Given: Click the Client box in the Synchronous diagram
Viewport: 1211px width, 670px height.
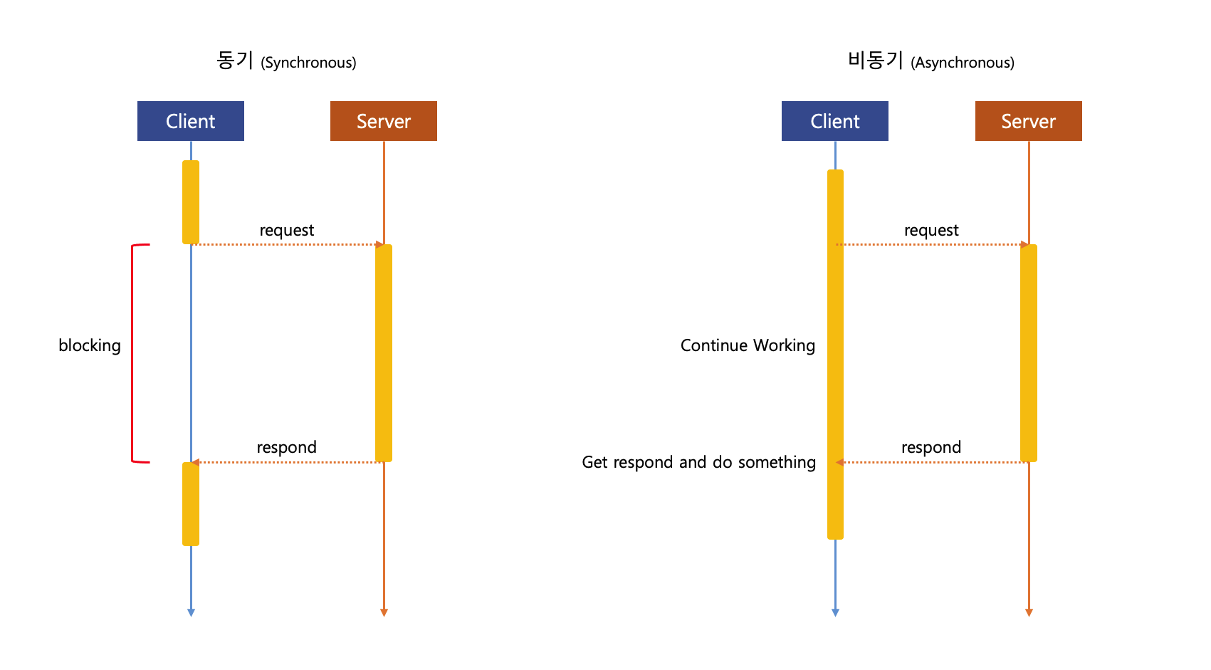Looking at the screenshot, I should [x=190, y=121].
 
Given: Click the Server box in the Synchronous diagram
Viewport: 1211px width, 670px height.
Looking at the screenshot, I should [x=383, y=121].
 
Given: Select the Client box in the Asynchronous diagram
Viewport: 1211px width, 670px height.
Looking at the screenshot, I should [x=834, y=121].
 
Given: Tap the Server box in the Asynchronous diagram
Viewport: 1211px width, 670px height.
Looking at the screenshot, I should [x=1028, y=121].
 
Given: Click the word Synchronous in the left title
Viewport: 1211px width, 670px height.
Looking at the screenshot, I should [x=308, y=63].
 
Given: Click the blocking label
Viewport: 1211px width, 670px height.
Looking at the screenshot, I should [x=90, y=345].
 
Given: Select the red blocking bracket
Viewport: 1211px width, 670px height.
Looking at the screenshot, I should [x=133, y=353].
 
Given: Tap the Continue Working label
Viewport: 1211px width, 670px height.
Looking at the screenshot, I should [x=748, y=345].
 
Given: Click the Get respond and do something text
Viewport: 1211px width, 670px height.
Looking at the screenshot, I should [x=698, y=462].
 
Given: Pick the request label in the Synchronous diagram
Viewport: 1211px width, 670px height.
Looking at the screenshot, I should [x=286, y=230].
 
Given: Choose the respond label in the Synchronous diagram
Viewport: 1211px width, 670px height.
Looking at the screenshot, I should [x=286, y=447].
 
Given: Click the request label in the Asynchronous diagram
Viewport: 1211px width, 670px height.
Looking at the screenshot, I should [x=931, y=230].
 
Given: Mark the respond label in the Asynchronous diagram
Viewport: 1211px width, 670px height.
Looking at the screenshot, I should [x=931, y=447].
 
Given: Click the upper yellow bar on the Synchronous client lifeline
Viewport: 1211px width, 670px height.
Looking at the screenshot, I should [x=191, y=202].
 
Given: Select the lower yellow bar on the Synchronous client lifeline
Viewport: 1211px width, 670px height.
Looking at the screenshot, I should [x=191, y=504].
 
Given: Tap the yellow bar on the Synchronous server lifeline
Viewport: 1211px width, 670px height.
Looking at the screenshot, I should [x=384, y=353].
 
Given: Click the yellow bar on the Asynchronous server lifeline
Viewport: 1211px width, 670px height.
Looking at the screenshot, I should [x=1029, y=353].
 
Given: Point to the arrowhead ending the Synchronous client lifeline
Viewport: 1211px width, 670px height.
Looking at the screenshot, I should [x=191, y=612].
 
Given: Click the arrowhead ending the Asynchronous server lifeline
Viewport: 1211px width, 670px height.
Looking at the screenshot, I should [x=1029, y=612].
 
